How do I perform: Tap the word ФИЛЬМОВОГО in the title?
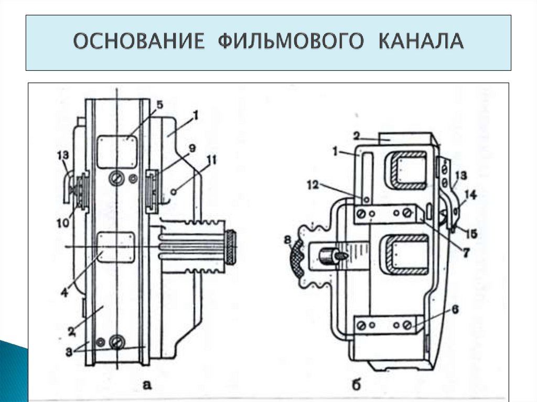click(x=289, y=42)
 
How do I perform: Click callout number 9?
click(x=192, y=148)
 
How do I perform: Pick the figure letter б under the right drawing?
click(x=356, y=385)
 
